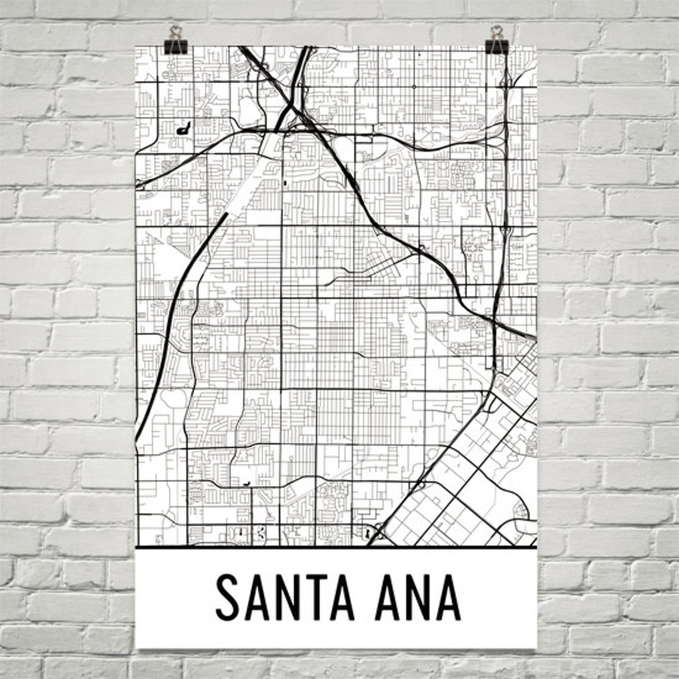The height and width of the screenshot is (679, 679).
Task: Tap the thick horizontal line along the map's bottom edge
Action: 336,547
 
